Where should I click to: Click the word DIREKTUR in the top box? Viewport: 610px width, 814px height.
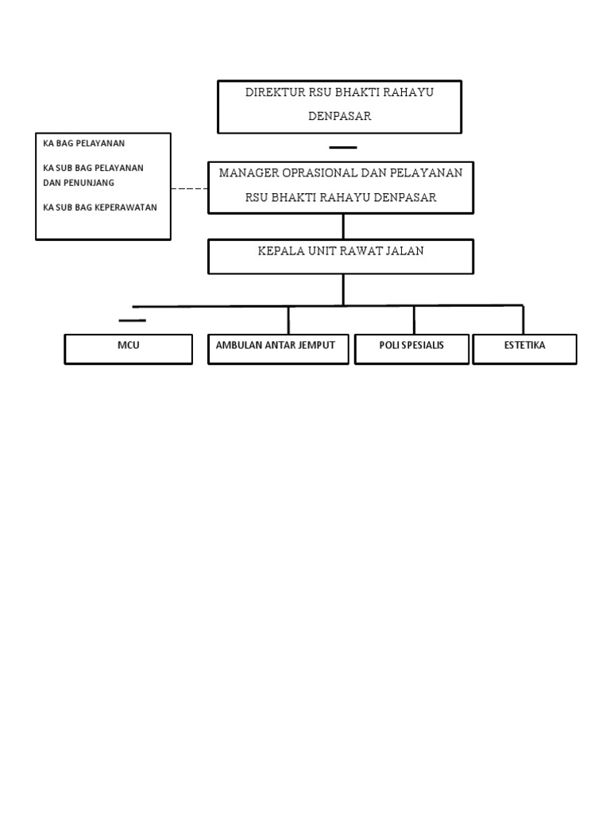tap(276, 92)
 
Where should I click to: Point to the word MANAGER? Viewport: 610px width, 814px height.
tap(248, 172)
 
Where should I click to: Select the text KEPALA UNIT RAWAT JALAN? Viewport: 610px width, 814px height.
tap(341, 251)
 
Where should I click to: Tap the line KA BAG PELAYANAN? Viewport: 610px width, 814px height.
tap(84, 143)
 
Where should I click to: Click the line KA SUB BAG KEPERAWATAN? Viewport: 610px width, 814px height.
tap(100, 207)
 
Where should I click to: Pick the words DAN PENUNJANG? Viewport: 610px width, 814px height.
tap(79, 183)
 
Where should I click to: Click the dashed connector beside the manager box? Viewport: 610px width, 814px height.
tap(189, 189)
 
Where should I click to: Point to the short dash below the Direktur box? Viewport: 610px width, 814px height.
tap(343, 147)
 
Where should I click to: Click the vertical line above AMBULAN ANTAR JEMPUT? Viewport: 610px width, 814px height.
tap(288, 320)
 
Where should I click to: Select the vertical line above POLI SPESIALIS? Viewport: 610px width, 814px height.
tap(414, 320)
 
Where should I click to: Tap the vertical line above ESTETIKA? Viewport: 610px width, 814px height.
tap(523, 320)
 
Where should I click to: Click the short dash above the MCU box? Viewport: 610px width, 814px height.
tap(133, 321)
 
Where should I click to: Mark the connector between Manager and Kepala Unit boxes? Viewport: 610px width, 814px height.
tap(343, 227)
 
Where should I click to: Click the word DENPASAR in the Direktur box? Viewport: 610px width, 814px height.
tap(340, 116)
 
